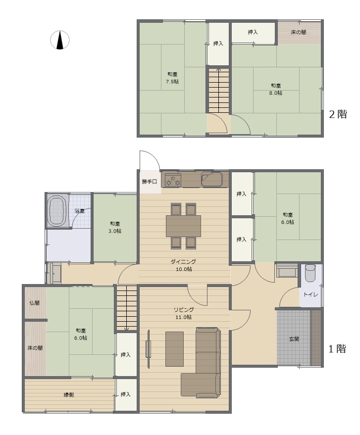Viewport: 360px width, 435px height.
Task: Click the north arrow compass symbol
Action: tap(60, 40)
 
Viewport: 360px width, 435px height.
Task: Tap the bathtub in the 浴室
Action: tap(58, 211)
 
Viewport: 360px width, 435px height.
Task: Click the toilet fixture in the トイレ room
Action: tap(310, 273)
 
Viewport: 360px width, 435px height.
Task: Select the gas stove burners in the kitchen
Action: tap(173, 180)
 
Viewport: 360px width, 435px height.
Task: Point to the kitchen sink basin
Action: tap(212, 179)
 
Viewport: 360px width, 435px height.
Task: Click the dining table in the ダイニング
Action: tap(183, 226)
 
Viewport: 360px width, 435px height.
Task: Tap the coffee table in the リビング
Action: tap(174, 349)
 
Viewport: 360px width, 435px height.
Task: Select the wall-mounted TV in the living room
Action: tap(148, 348)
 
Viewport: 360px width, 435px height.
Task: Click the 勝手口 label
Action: tap(150, 182)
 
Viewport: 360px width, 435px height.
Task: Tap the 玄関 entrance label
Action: tap(294, 338)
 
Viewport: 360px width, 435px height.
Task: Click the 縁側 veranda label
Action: tap(68, 394)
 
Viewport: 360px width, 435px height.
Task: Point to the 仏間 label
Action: tap(35, 303)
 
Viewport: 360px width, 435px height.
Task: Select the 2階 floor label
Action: tap(338, 114)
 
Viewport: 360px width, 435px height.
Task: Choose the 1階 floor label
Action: tap(337, 348)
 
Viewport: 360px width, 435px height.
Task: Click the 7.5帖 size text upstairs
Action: tap(172, 82)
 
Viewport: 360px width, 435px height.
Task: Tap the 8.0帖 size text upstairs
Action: tap(276, 93)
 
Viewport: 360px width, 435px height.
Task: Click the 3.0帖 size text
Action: tap(114, 231)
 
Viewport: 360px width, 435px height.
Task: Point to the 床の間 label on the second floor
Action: tap(299, 32)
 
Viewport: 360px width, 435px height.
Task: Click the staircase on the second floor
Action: tap(219, 90)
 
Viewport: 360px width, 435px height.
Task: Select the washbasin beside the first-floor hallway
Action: tap(54, 273)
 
